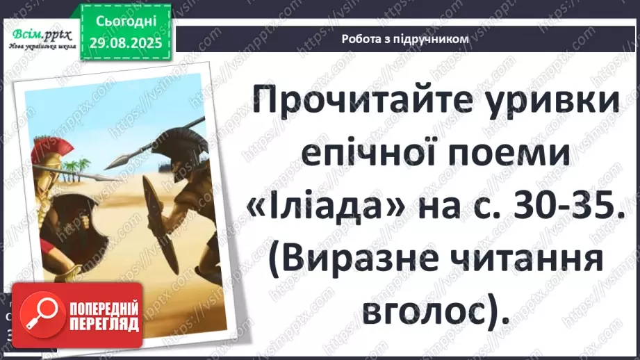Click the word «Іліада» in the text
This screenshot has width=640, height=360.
point(326,206)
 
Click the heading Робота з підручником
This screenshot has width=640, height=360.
point(405,39)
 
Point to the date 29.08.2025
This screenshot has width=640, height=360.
point(126,43)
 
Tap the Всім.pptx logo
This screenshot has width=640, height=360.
point(42,38)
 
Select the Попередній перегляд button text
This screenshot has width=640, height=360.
point(104,316)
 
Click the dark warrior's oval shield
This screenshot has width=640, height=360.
point(162,224)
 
